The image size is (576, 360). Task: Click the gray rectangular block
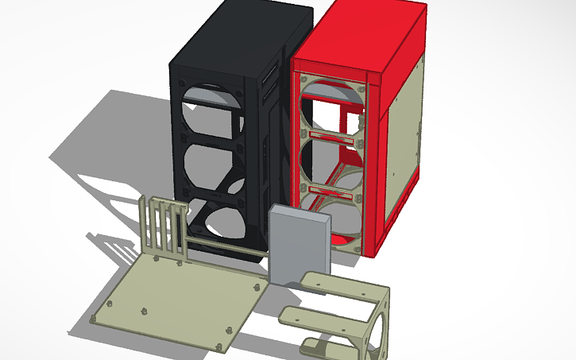[x=298, y=242]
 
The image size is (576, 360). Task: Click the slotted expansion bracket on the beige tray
[x=164, y=226]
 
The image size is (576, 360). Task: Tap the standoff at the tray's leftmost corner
[x=94, y=319]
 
